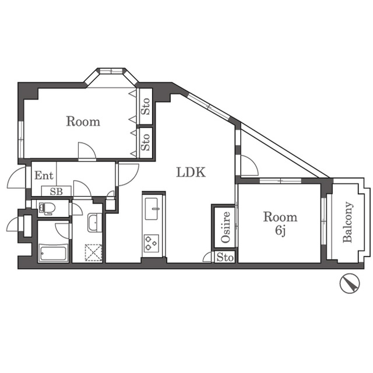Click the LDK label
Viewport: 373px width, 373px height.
pos(191,173)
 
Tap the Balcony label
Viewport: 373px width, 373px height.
pos(347,222)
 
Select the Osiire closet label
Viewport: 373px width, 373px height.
pos(226,227)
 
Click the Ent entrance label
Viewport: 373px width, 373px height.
pos(44,175)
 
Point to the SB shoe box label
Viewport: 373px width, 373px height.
pos(57,191)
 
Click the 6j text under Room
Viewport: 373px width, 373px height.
pos(280,231)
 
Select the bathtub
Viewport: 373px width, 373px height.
pos(53,253)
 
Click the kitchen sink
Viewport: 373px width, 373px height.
pos(152,209)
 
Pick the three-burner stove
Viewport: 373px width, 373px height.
pos(152,243)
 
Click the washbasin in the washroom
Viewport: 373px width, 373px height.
pos(94,223)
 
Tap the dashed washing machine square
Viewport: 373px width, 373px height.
pos(93,252)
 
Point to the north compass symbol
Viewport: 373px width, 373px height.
pos(350,283)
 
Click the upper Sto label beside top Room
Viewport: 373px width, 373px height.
pos(145,106)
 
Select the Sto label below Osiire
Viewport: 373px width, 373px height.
pos(225,258)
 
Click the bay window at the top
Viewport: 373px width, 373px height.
pos(111,71)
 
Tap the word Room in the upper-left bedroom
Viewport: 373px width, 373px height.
pos(83,121)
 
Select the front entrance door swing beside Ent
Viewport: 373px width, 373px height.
pos(16,177)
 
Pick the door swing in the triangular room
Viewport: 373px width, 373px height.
pos(249,165)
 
